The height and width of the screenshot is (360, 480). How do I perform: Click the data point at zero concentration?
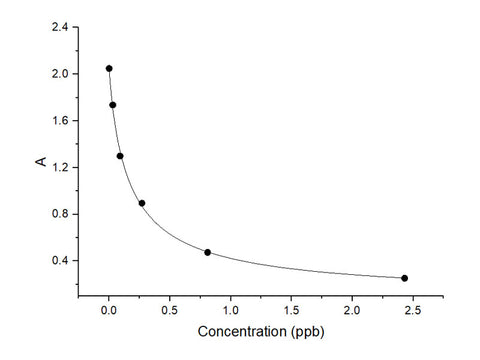click(109, 68)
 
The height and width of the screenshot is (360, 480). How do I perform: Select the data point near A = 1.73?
click(113, 105)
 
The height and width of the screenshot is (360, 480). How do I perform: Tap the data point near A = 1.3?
click(120, 156)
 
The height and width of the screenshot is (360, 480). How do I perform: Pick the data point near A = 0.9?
click(142, 203)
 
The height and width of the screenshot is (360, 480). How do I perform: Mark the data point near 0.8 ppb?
click(207, 252)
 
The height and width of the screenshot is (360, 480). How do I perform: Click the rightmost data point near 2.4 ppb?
click(404, 278)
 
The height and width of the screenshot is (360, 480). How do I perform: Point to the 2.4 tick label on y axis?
click(59, 27)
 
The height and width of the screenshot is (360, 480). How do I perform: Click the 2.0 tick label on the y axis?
click(59, 74)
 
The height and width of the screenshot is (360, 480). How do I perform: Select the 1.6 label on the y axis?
click(59, 120)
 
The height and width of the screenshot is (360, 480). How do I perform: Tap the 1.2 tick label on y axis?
click(59, 167)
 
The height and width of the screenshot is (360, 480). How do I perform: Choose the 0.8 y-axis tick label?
click(59, 214)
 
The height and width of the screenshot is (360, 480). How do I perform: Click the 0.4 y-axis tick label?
click(59, 261)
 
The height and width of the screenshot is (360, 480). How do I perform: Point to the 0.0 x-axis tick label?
click(109, 310)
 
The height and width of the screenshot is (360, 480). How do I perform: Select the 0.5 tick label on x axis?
click(170, 310)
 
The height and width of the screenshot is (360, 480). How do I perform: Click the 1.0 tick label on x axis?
click(231, 310)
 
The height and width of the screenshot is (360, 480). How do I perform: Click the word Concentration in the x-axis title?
click(235, 331)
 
